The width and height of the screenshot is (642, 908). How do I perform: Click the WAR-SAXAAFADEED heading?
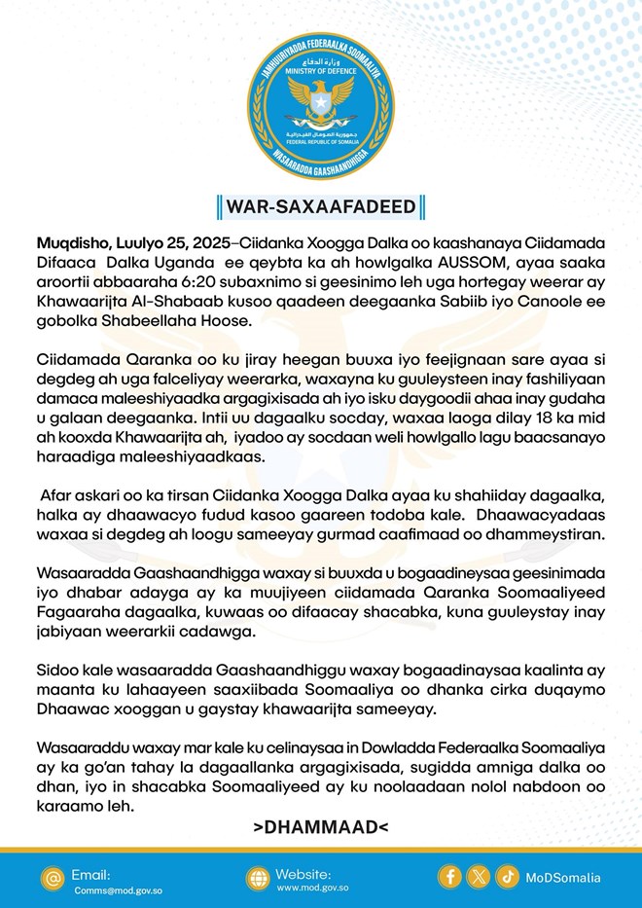tap(320, 206)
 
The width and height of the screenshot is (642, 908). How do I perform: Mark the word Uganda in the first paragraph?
tap(196, 261)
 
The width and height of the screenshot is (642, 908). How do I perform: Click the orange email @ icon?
tap(52, 877)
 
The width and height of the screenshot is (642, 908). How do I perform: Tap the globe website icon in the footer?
tap(257, 877)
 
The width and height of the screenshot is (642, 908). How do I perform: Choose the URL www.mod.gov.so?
tap(313, 889)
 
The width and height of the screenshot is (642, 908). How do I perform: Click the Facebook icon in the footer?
tap(450, 876)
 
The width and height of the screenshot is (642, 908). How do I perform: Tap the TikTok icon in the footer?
tap(507, 876)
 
